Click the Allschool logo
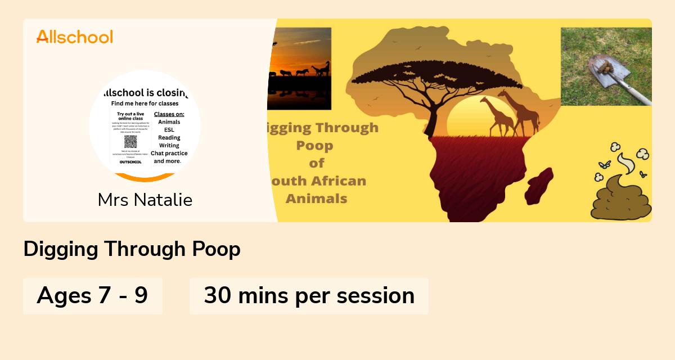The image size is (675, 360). point(75,37)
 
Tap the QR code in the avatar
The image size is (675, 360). point(130,142)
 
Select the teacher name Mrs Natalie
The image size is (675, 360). point(145,200)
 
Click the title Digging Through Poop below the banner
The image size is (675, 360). point(132,249)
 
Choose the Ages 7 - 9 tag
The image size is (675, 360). point(92,295)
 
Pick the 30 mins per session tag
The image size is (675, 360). point(309,295)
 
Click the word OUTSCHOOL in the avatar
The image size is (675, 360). point(130,161)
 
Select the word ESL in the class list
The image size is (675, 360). point(169,130)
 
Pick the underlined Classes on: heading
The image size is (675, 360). point(169,114)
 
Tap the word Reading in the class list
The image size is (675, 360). point(169,138)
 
